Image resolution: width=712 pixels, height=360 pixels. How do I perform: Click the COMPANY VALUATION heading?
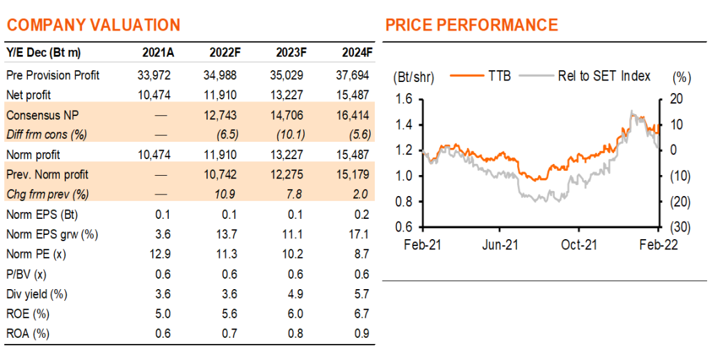(x=94, y=24)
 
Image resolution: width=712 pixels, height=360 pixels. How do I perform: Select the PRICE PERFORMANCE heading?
(x=472, y=24)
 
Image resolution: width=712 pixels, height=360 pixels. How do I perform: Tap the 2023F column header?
(x=291, y=53)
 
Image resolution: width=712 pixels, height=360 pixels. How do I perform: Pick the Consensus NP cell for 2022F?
(x=220, y=115)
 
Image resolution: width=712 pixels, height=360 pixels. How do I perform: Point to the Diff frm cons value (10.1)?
(x=291, y=135)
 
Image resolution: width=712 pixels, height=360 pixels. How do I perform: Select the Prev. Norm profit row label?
(x=47, y=174)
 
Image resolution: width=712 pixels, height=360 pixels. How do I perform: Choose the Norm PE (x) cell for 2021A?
(x=161, y=254)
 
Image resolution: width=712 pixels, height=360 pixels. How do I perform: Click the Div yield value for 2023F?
(x=295, y=294)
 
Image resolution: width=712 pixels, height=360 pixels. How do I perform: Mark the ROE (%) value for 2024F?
(x=362, y=314)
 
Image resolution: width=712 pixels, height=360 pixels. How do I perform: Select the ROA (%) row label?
(x=28, y=334)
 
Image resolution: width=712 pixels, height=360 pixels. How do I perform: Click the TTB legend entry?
(x=481, y=76)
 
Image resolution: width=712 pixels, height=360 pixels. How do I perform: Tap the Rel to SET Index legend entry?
(x=585, y=76)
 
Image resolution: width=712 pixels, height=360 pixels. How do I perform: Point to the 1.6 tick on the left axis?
(x=404, y=99)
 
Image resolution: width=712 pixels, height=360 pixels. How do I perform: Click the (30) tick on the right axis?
(x=680, y=227)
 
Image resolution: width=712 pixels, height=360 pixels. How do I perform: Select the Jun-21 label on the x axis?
(x=501, y=245)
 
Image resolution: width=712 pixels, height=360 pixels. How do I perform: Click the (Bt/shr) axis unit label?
(x=414, y=78)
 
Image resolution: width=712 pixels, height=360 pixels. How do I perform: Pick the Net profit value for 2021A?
(x=154, y=95)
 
